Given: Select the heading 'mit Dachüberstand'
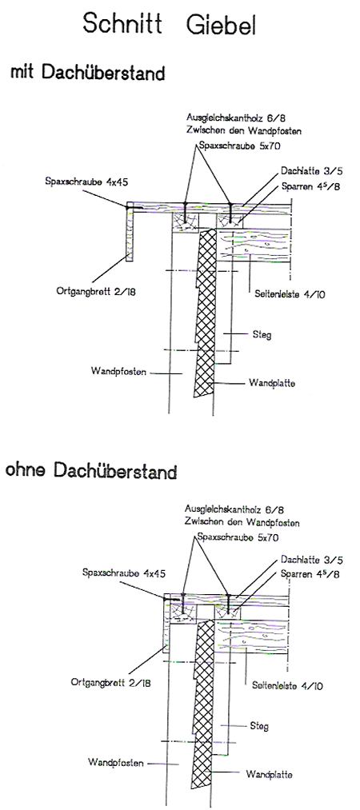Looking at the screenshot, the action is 88,72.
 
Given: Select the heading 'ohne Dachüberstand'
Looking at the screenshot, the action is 91,471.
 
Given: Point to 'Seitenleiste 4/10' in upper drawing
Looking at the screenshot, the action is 289,294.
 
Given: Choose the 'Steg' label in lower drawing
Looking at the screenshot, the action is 259,726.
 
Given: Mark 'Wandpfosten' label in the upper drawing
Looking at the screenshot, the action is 116,371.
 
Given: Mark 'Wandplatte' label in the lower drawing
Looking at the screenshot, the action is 269,774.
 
